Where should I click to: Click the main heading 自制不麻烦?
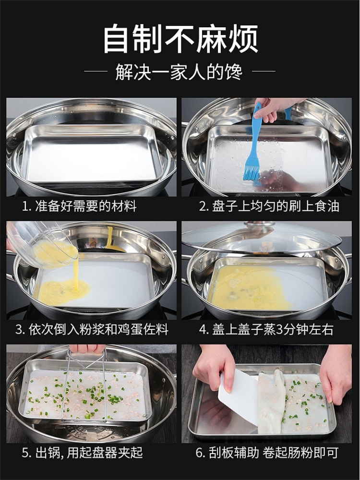click(180, 39)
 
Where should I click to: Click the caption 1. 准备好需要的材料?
click(79, 206)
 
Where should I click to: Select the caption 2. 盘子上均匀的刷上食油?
click(269, 206)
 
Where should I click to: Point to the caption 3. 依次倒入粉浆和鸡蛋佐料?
click(92, 330)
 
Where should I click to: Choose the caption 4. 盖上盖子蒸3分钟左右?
click(266, 330)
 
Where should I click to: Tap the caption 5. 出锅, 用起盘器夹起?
click(82, 453)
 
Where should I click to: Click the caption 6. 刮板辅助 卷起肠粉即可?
click(267, 453)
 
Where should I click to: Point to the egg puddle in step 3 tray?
click(64, 292)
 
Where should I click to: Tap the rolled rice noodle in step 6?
click(271, 401)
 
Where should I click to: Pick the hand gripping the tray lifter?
click(87, 348)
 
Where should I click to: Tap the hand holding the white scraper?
click(214, 367)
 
